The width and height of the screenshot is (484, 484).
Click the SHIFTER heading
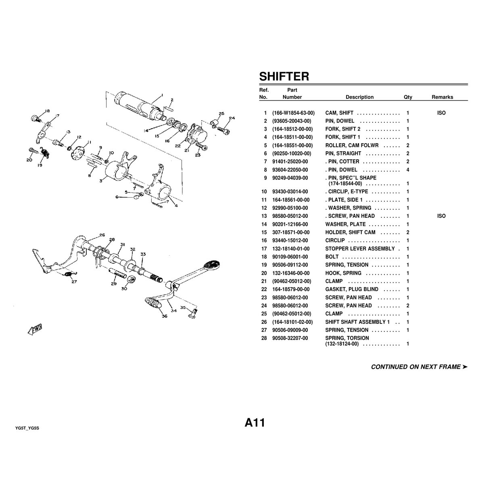pyautogui.click(x=284, y=76)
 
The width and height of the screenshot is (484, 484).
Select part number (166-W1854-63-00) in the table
pyautogui.click(x=293, y=113)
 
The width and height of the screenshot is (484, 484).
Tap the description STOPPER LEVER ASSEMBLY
pyautogui.click(x=360, y=249)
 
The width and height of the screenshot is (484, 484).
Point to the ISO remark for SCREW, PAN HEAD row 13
pyautogui.click(x=441, y=216)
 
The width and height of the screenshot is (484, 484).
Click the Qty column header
pyautogui.click(x=408, y=97)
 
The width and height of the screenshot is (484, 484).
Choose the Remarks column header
pyautogui.click(x=442, y=97)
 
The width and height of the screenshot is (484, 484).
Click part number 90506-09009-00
pyautogui.click(x=290, y=330)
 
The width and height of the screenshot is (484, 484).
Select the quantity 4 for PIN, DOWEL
pyautogui.click(x=408, y=170)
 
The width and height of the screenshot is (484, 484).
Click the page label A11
pyautogui.click(x=255, y=422)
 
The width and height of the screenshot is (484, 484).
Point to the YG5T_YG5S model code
pyautogui.click(x=27, y=428)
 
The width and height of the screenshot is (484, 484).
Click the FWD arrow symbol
pyautogui.click(x=35, y=329)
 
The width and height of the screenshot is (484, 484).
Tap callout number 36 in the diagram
pyautogui.click(x=165, y=316)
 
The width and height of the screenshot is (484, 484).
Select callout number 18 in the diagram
pyautogui.click(x=48, y=111)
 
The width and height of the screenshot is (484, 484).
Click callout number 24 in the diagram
pyautogui.click(x=232, y=118)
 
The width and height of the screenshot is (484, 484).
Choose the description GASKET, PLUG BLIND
pyautogui.click(x=352, y=289)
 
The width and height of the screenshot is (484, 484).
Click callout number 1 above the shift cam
pyautogui.click(x=162, y=95)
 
